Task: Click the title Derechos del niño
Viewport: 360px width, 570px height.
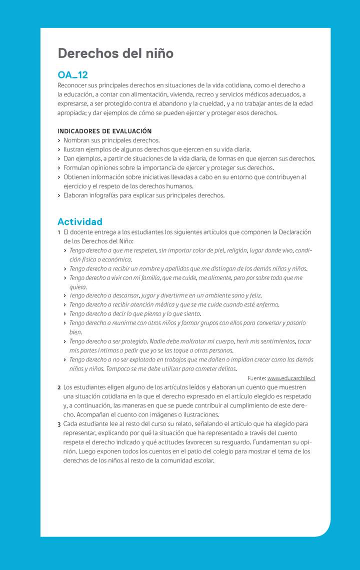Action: coord(115,53)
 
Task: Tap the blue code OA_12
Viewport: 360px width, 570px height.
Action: coord(72,75)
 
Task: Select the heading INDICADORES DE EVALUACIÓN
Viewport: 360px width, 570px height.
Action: coord(104,131)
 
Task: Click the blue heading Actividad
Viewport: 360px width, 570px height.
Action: coord(80,221)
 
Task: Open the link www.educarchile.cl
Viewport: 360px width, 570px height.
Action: coord(291,378)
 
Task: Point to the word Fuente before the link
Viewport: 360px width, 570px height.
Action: coord(256,378)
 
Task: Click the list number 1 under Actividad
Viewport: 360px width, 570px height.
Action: coord(59,232)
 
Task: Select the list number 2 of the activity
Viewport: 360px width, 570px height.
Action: coord(59,387)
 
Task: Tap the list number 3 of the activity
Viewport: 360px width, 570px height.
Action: coord(59,423)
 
